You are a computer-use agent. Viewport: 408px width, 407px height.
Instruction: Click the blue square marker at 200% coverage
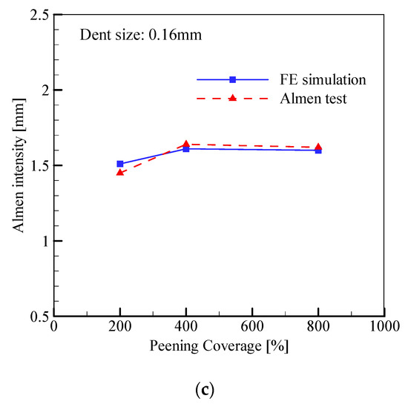(x=120, y=164)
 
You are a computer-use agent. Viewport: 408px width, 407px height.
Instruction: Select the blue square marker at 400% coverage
(x=186, y=149)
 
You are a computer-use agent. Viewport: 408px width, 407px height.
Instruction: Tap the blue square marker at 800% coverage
(x=318, y=150)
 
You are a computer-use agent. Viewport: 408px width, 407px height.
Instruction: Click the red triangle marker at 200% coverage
(x=120, y=172)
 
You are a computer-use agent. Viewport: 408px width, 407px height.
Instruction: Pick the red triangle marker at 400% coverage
(x=186, y=144)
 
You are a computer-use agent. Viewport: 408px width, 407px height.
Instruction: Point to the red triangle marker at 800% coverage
(x=318, y=147)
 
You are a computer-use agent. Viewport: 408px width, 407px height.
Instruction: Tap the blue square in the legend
(x=232, y=79)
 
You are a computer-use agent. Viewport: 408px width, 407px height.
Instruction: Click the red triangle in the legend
(x=232, y=98)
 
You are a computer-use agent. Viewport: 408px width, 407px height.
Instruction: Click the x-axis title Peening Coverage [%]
(x=219, y=345)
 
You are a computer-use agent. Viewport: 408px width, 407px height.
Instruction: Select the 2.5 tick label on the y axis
(x=39, y=15)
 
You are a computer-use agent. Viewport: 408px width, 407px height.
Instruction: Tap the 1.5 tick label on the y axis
(x=39, y=165)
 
